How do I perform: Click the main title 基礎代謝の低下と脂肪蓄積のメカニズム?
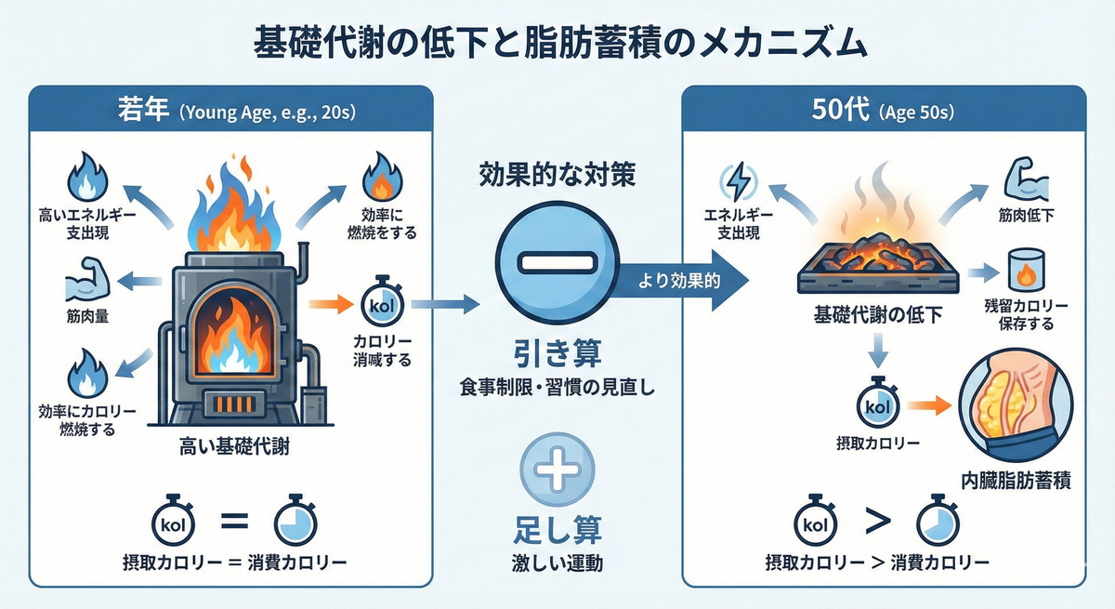pos(560,44)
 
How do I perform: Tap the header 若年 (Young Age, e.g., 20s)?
pos(237,111)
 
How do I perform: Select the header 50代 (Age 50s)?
pos(883,111)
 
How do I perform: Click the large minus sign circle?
pos(557,262)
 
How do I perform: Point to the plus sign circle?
pos(557,470)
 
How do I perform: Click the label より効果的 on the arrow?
pos(679,282)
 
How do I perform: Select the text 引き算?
pos(557,353)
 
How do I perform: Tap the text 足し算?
pos(557,530)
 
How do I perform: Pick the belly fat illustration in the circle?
pos(1016,404)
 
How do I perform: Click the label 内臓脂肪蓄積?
pos(1016,481)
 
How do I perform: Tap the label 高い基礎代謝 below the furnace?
pos(234,447)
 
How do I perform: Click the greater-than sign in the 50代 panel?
pos(877,522)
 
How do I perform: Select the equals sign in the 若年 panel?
pos(234,522)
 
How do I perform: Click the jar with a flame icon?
pos(1026,271)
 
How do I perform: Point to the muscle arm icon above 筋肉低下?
pos(1027,180)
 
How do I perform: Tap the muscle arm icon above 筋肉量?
pos(87,279)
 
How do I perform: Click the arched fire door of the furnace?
pos(234,332)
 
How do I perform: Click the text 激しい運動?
pos(557,563)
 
